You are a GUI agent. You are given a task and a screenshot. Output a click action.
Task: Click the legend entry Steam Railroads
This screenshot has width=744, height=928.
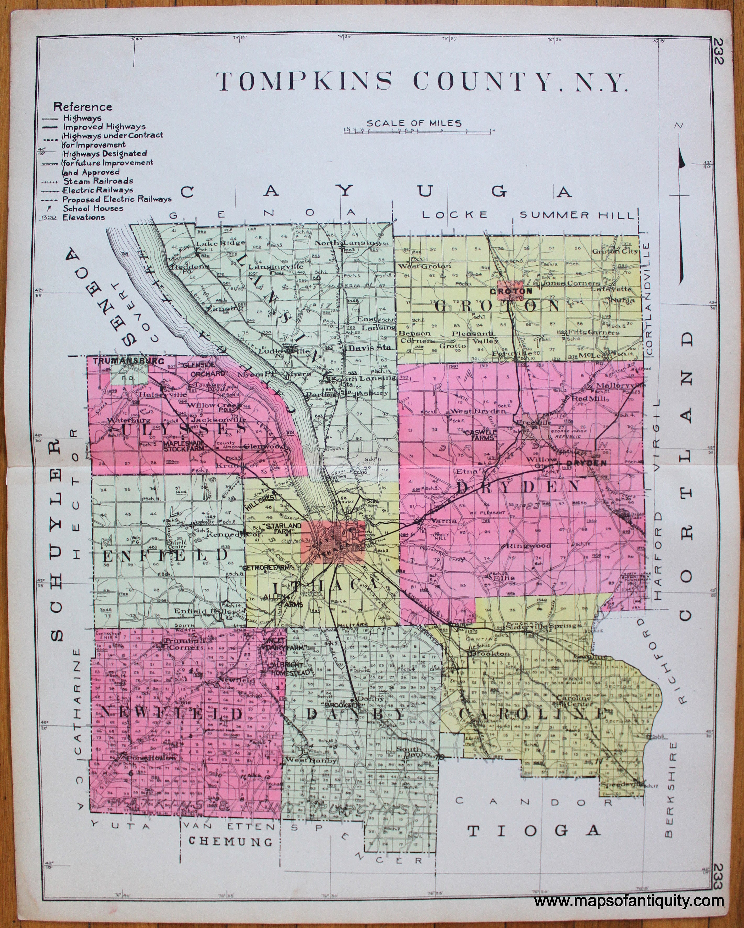(97, 181)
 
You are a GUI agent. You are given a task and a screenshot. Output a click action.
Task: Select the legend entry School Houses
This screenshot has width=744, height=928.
(93, 208)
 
